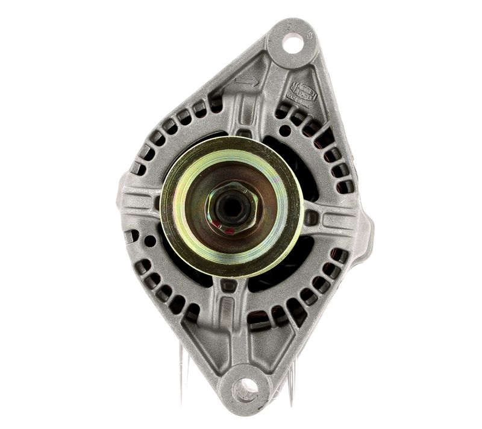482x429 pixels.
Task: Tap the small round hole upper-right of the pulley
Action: pos(285,129)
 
